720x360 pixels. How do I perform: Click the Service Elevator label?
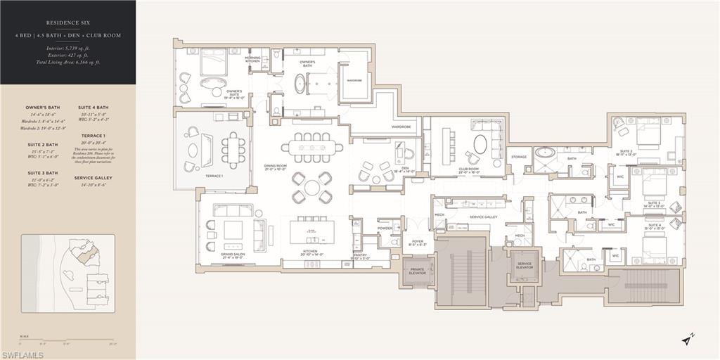coord(525,266)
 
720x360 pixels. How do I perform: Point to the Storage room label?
coord(519,157)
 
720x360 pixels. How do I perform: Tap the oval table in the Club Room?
coord(480,144)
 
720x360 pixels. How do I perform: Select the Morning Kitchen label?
coord(252,60)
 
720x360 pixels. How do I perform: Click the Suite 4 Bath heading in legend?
coord(94,108)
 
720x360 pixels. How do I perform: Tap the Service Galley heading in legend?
coord(94,178)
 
